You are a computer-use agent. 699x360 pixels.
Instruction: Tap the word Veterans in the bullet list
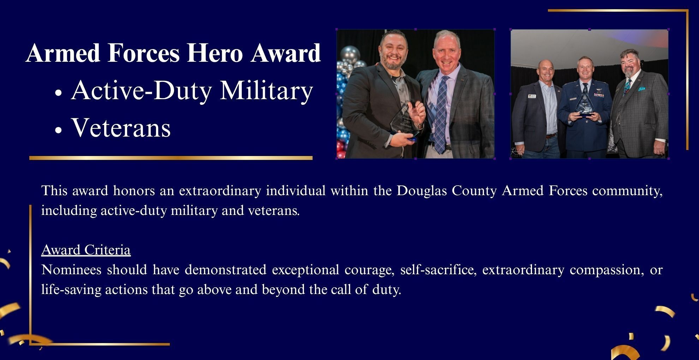click(x=121, y=127)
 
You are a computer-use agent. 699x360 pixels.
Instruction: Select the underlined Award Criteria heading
click(x=86, y=250)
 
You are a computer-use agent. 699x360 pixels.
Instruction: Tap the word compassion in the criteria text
click(x=605, y=270)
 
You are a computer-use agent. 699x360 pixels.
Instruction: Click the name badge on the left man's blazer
click(x=531, y=97)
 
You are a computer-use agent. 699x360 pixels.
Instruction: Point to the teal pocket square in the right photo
click(x=641, y=89)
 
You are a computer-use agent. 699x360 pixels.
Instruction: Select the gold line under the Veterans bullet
click(x=171, y=158)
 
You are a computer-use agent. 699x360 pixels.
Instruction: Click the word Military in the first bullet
click(x=267, y=90)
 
